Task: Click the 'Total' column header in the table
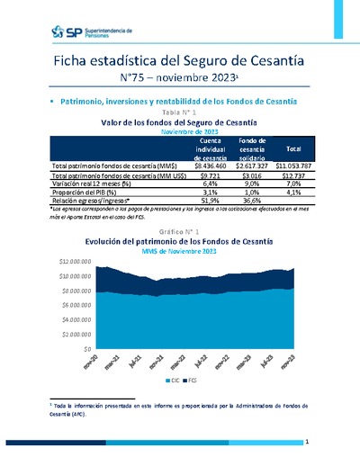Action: pos(292,148)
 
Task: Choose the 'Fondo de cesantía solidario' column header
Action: pos(254,148)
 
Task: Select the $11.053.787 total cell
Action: pos(292,167)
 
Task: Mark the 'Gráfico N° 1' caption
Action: pos(180,232)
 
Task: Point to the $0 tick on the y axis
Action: pos(86,347)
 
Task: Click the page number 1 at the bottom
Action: pos(307,443)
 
